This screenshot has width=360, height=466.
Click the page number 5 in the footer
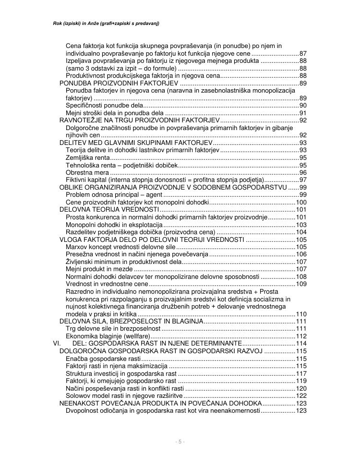tap(180, 442)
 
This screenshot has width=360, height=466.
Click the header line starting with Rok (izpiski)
tap(106, 23)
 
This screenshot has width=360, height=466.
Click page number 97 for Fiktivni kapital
tap(302, 179)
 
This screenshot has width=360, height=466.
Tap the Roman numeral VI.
tap(57, 344)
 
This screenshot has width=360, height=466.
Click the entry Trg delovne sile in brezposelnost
tap(113, 329)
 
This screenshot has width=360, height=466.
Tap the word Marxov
tap(76, 247)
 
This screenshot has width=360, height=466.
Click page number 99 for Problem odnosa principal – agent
tap(302, 194)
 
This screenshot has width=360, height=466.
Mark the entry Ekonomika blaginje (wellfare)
tap(107, 336)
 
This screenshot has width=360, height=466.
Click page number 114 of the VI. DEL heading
tap(301, 344)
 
